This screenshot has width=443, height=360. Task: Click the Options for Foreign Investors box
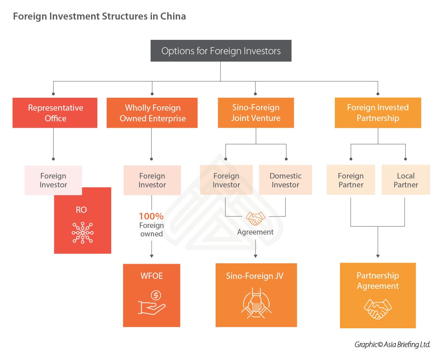click(221, 51)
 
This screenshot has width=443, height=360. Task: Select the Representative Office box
click(55, 113)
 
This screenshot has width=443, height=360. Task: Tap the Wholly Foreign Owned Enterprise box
click(152, 113)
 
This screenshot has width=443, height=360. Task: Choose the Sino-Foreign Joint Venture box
click(256, 113)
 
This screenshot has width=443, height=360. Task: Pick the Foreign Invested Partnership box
click(378, 113)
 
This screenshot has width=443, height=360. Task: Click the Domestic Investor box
click(285, 180)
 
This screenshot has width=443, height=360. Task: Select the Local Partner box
click(406, 180)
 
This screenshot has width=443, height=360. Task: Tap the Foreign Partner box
click(351, 180)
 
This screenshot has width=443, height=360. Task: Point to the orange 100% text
click(151, 217)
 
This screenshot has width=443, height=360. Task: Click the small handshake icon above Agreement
click(255, 218)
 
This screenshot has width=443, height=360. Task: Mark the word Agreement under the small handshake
click(255, 232)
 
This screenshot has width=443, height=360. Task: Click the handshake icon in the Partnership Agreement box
click(378, 309)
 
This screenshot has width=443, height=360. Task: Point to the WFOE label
click(151, 276)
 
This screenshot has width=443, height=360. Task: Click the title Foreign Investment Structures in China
click(99, 17)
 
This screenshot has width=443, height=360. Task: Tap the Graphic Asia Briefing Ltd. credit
click(392, 345)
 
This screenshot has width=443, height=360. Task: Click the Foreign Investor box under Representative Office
click(53, 180)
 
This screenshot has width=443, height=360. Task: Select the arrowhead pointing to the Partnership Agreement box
click(378, 256)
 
